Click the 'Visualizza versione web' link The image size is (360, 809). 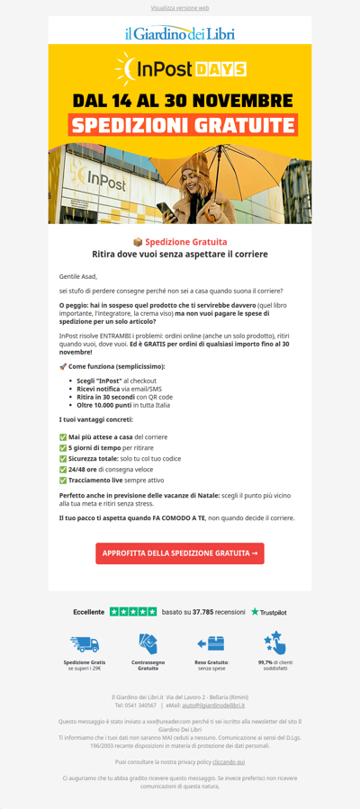(x=180, y=7)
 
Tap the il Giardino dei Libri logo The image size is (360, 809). (x=180, y=33)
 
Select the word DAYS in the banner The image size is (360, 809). (x=220, y=69)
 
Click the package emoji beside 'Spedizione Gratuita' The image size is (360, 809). (x=138, y=242)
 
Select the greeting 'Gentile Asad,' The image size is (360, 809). (x=77, y=276)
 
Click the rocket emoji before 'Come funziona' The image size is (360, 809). (x=63, y=366)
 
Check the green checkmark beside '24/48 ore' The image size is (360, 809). (x=63, y=469)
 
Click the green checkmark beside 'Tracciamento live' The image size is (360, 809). (x=63, y=481)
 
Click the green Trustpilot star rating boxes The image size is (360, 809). (x=133, y=612)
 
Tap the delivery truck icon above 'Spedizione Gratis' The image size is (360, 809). (x=84, y=644)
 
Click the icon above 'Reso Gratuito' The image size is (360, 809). (x=211, y=643)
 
